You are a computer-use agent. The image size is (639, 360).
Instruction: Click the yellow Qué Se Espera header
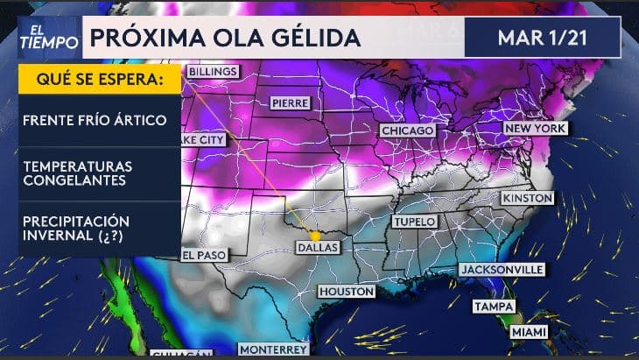pyautogui.click(x=99, y=80)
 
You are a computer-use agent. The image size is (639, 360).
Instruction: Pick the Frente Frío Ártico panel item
pyautogui.click(x=95, y=119)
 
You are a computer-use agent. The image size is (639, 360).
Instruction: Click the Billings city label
pyautogui.click(x=212, y=70)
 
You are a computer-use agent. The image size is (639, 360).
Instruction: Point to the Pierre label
pyautogui.click(x=290, y=102)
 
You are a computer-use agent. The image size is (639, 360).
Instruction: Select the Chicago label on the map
pyautogui.click(x=407, y=131)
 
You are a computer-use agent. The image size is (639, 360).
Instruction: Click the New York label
pyautogui.click(x=535, y=129)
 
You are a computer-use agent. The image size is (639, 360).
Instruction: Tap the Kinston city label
pyautogui.click(x=527, y=199)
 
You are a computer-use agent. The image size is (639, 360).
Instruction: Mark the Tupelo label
pyautogui.click(x=413, y=222)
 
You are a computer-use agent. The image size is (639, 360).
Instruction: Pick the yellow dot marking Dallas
pyautogui.click(x=315, y=236)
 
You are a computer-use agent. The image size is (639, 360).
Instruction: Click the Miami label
pyautogui.click(x=529, y=333)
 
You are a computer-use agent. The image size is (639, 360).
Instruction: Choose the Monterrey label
pyautogui.click(x=273, y=349)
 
